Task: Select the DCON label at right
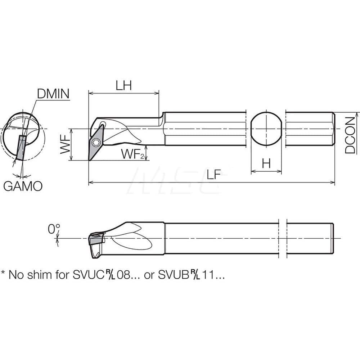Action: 351,135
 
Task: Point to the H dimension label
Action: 266,164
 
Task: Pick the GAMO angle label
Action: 23,186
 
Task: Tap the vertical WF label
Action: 65,144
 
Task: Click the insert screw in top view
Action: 98,142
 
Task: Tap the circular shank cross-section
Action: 266,129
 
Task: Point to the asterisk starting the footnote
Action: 3,274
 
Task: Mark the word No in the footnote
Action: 15,275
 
